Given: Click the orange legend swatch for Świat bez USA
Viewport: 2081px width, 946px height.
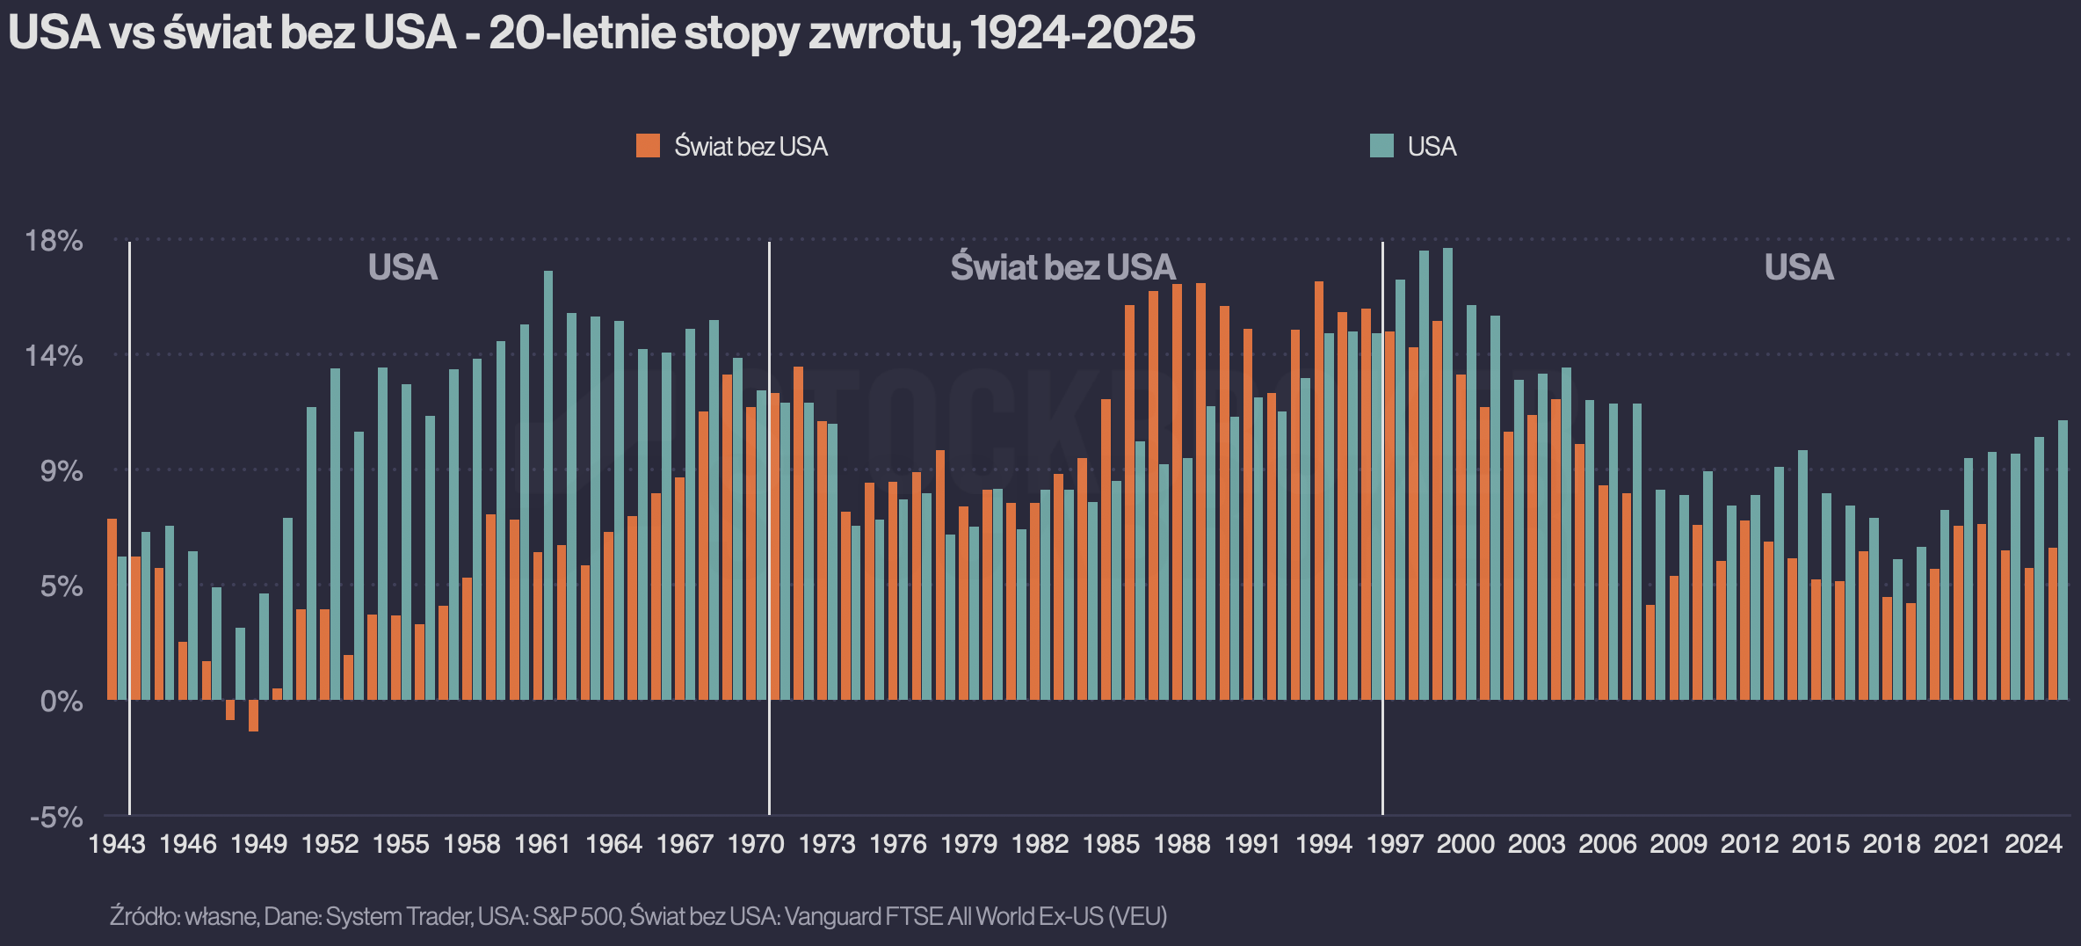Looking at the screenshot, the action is (x=648, y=146).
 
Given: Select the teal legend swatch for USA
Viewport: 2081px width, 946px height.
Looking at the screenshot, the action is (x=1381, y=146).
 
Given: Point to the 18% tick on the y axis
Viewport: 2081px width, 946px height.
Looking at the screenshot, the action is (x=54, y=240).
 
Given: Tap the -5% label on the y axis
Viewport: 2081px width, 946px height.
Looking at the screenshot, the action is (x=56, y=817).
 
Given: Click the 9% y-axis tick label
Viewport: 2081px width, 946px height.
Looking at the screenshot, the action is (x=62, y=470).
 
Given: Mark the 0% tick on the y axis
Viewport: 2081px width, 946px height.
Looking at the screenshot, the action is (x=62, y=701).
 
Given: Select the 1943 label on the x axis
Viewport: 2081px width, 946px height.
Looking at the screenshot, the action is (x=117, y=844).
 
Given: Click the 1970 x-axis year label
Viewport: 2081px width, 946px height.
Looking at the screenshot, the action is (x=756, y=844).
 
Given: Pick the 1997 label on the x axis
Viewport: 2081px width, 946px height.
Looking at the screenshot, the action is (x=1395, y=844).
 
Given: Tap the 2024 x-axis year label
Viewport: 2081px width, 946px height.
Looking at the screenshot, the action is (x=2034, y=844).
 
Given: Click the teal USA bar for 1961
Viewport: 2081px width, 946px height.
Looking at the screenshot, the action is (x=548, y=485).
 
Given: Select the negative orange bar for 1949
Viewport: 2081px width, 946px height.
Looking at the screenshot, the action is (x=253, y=716).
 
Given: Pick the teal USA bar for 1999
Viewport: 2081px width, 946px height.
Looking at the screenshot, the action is (x=1447, y=474).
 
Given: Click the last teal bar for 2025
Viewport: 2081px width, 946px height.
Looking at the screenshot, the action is (x=2063, y=560).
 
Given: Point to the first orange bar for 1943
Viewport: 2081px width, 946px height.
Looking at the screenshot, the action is (x=112, y=609).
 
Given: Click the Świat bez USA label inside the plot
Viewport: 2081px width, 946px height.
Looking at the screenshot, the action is (x=1062, y=267).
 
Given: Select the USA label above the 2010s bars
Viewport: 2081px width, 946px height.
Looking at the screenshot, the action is (x=1799, y=267).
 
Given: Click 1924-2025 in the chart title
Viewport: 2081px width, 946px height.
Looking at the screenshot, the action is (x=1083, y=33).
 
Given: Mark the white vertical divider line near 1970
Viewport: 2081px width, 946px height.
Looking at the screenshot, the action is (x=769, y=528).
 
